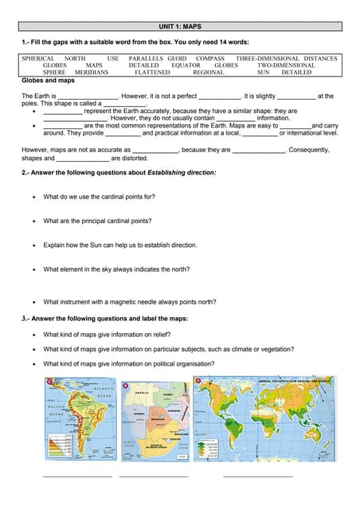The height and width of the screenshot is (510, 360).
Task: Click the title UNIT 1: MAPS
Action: (179, 26)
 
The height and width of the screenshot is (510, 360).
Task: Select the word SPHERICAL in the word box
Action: (38, 59)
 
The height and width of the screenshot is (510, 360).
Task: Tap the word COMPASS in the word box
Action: (210, 59)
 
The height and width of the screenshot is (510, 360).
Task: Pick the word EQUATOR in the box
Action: (186, 65)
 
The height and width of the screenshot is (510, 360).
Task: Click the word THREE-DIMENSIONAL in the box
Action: (268, 59)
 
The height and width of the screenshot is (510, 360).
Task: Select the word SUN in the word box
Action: (264, 72)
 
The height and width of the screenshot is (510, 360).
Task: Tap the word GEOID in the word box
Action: (177, 59)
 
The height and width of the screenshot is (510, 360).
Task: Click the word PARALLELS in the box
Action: (146, 59)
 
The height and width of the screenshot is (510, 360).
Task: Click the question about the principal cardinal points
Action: (97, 221)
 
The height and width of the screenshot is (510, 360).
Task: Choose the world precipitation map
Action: (263, 419)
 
